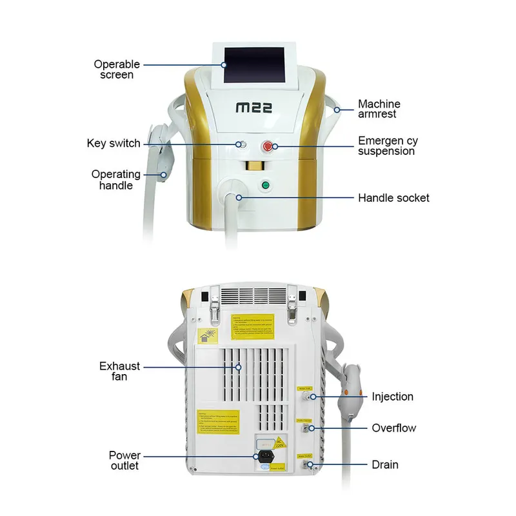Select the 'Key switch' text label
point(114,143)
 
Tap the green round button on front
point(265,186)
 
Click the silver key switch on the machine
point(241,144)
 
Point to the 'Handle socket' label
point(393,197)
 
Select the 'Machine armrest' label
point(379,109)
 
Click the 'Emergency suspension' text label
point(386,146)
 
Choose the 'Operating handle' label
point(115,180)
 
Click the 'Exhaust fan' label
point(119,372)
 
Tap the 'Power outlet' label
point(124,461)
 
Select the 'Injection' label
point(392,397)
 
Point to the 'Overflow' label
point(393,428)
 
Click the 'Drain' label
point(385,464)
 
